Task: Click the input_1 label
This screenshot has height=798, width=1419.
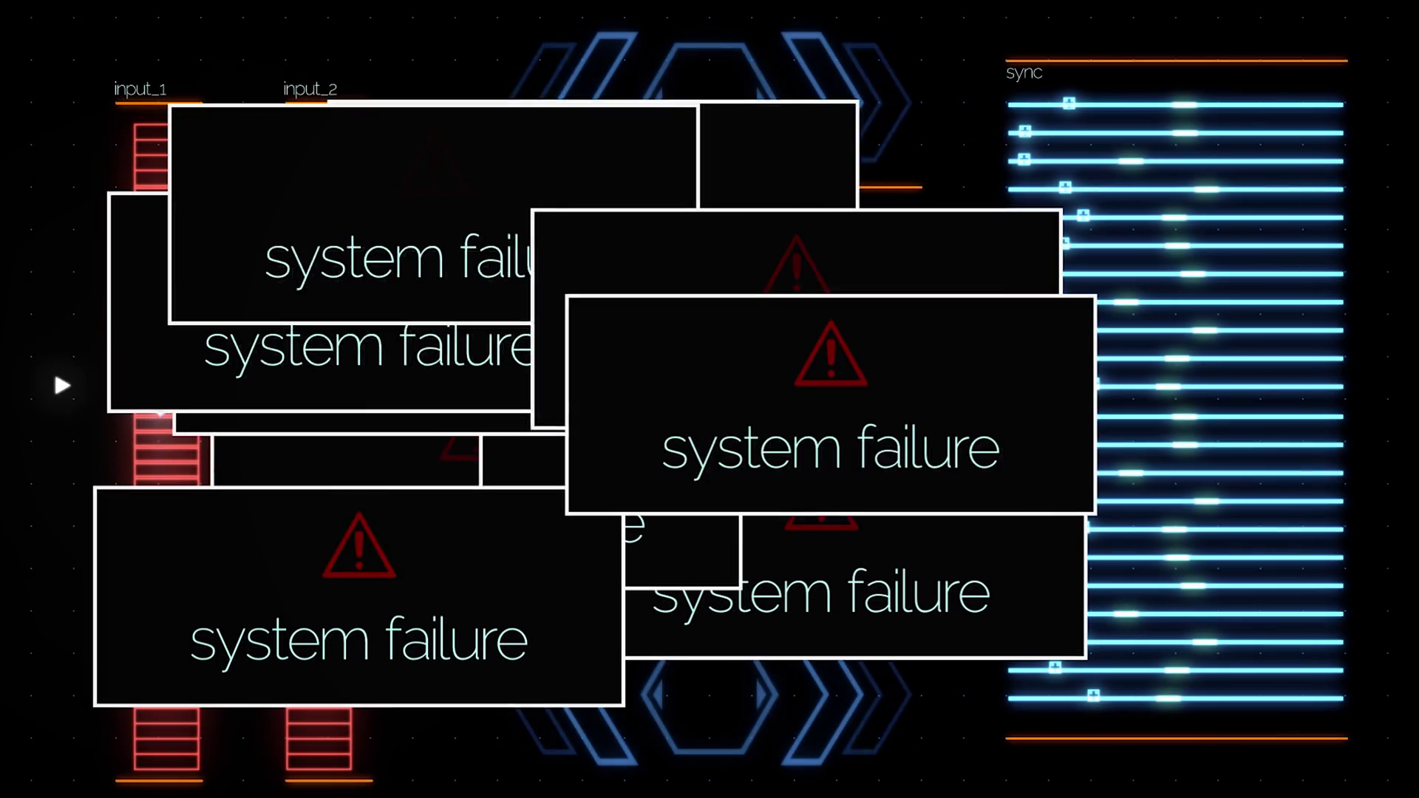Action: click(140, 89)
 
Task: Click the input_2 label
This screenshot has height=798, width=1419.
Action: click(310, 89)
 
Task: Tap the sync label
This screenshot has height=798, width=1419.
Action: click(1024, 72)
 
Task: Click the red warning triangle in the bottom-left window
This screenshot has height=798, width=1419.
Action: click(359, 546)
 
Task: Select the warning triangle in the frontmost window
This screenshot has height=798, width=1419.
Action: click(831, 355)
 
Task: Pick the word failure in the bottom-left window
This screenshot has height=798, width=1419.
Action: click(456, 640)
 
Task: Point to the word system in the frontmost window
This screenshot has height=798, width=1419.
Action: click(751, 449)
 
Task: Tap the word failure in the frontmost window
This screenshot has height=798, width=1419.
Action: click(928, 448)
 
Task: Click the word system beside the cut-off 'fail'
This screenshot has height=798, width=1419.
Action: click(354, 259)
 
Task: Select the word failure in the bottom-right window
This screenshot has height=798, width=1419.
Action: click(918, 593)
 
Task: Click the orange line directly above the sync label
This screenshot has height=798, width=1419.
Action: click(1176, 61)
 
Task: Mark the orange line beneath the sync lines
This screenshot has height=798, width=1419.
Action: click(1176, 737)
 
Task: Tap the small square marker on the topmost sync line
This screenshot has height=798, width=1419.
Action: click(1069, 103)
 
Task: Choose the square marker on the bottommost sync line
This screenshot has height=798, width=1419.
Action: click(1093, 695)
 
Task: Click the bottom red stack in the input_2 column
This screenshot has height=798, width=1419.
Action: click(319, 739)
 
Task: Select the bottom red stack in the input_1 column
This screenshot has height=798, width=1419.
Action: click(166, 739)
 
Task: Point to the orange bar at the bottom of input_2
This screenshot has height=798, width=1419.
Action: click(328, 780)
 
